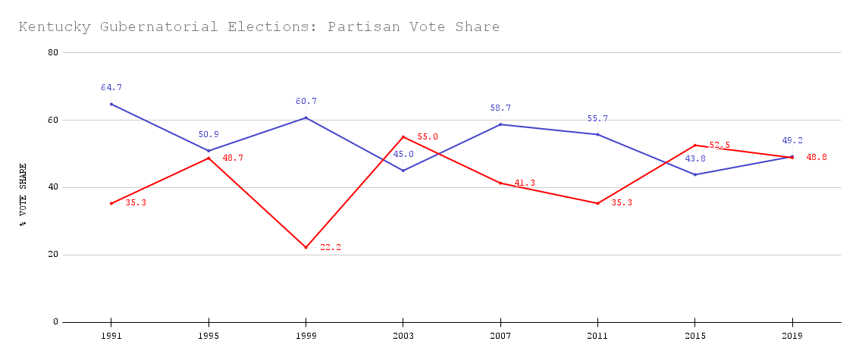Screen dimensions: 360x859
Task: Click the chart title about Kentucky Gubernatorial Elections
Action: coord(259,27)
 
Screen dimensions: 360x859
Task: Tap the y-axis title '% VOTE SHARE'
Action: coord(24,195)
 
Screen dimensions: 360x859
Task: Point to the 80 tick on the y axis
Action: coord(52,52)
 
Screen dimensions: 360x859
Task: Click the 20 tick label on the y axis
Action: coord(52,255)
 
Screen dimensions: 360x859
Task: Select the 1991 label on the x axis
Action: coord(111,334)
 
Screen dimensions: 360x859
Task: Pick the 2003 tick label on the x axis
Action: coord(403,334)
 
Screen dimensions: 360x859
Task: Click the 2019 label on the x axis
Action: coord(792,334)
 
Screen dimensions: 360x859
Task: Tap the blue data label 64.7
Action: coord(111,88)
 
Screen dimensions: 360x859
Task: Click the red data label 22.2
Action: coord(331,247)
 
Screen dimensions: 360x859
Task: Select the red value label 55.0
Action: coord(428,137)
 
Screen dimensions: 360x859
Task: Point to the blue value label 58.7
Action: coord(500,108)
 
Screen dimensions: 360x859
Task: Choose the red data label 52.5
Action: coord(719,146)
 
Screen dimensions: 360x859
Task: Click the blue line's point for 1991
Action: coord(111,104)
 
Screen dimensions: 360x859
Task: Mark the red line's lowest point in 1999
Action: coord(306,247)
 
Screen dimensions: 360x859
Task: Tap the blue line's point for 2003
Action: coord(403,171)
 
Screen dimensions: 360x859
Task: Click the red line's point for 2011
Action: coord(597,203)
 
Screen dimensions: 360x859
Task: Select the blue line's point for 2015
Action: coord(695,174)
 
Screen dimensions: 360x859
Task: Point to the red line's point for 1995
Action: coord(208,158)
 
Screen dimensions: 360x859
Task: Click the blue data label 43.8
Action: coord(695,159)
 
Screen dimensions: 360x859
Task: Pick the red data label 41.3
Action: coord(525,183)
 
